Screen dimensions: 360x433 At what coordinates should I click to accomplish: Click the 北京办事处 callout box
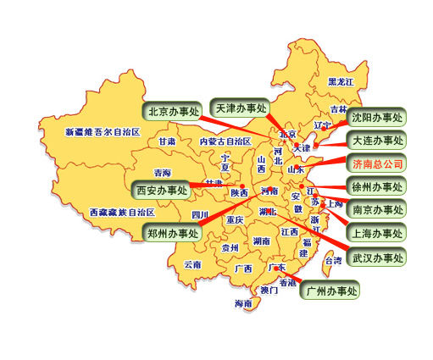point(173,112)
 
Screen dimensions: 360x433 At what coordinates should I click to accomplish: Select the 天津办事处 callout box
point(240,108)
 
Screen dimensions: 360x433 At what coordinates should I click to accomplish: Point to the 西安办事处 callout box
point(162,189)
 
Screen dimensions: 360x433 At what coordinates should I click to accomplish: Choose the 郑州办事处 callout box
point(172,232)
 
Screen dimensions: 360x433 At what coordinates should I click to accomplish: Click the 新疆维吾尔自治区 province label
point(103,133)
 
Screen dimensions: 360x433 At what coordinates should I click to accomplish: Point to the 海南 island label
point(243,303)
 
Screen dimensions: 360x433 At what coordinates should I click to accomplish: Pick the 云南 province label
point(193,264)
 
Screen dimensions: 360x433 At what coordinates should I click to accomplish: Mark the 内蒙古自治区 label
point(225,141)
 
